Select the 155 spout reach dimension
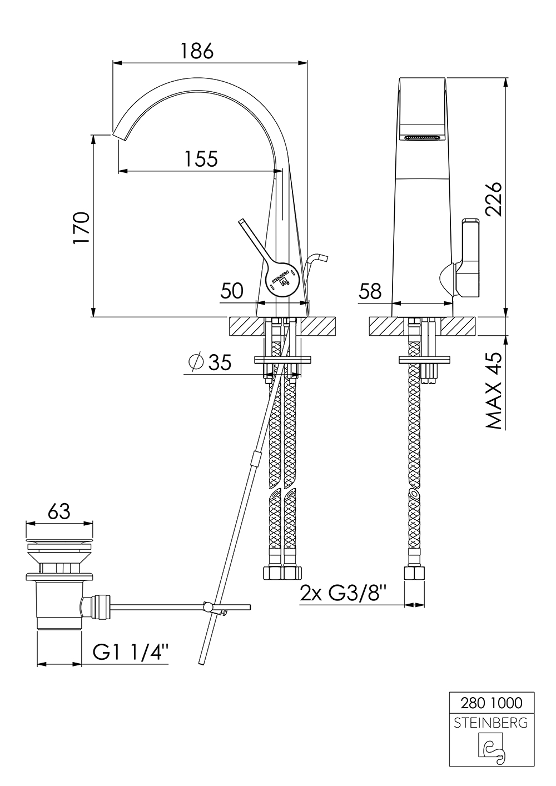(x=201, y=159)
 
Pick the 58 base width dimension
(x=370, y=290)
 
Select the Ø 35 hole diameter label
(x=210, y=363)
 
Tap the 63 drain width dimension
(x=59, y=511)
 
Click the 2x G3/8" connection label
(x=342, y=594)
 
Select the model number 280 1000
(x=492, y=703)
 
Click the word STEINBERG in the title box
(x=492, y=723)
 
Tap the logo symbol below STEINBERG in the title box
(x=492, y=748)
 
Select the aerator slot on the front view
(x=424, y=137)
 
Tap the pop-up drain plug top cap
(x=59, y=539)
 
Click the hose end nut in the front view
(x=414, y=573)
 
